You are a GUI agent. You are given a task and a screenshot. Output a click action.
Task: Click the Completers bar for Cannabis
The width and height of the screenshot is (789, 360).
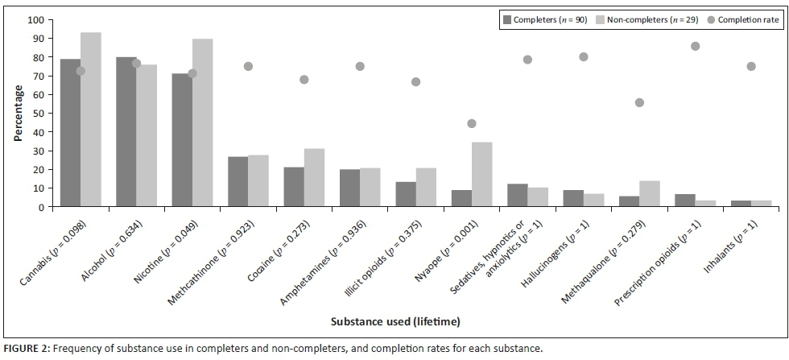click(70, 133)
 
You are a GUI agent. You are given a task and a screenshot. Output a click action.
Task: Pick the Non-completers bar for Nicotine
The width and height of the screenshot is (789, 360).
click(202, 122)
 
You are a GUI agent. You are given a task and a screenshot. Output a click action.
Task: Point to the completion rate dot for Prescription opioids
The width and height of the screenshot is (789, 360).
click(695, 46)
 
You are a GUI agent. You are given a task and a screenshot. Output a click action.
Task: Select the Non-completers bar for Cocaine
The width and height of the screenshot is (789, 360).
click(314, 177)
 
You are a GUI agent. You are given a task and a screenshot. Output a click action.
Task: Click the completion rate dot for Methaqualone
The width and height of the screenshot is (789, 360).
click(639, 102)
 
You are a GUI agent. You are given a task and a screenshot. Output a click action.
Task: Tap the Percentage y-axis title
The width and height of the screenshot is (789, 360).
click(18, 113)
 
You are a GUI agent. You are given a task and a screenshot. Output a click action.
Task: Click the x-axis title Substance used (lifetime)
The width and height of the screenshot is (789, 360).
click(394, 321)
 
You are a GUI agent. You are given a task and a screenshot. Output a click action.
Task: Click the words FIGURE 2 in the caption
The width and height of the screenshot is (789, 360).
click(23, 349)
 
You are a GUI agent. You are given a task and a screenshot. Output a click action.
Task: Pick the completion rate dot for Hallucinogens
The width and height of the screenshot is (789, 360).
click(584, 56)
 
